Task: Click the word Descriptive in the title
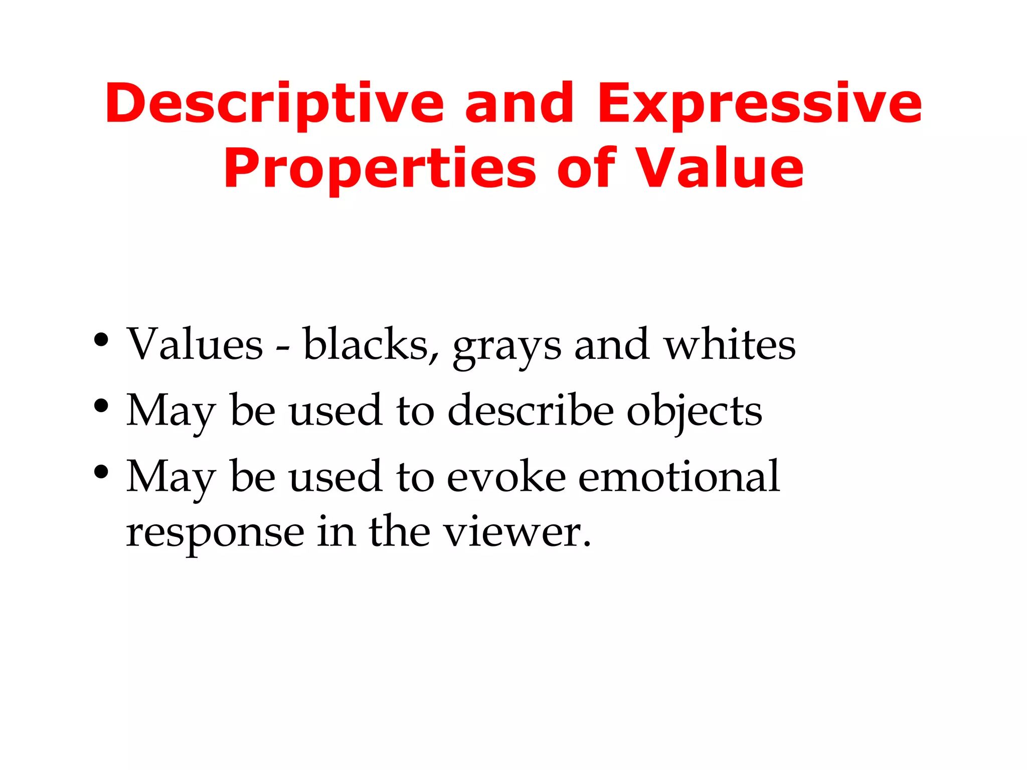pyautogui.click(x=274, y=104)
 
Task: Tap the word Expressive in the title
pyautogui.click(x=759, y=104)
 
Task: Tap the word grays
pyautogui.click(x=506, y=348)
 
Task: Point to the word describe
pyautogui.click(x=531, y=410)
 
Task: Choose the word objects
pyautogui.click(x=695, y=412)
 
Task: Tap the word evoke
pyautogui.click(x=506, y=476)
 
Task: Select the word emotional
pyautogui.click(x=679, y=476)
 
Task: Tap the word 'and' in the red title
pyautogui.click(x=520, y=104)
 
